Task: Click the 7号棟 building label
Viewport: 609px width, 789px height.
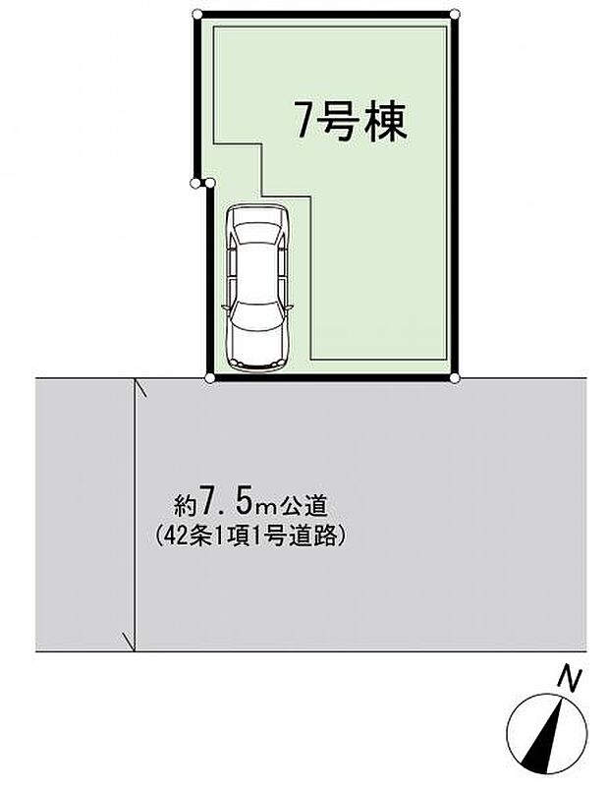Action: click(351, 123)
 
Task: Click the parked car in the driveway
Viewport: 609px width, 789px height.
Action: click(256, 289)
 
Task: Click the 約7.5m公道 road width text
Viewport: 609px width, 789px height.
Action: click(250, 507)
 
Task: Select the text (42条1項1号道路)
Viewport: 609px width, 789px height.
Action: click(252, 536)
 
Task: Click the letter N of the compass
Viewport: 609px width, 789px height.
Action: click(567, 678)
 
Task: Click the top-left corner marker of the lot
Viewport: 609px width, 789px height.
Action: click(196, 14)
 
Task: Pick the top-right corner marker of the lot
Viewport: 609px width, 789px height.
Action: click(455, 14)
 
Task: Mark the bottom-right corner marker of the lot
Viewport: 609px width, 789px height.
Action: click(455, 377)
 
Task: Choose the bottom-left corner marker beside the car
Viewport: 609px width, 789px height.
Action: click(209, 377)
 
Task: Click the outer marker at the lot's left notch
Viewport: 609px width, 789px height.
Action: click(195, 182)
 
